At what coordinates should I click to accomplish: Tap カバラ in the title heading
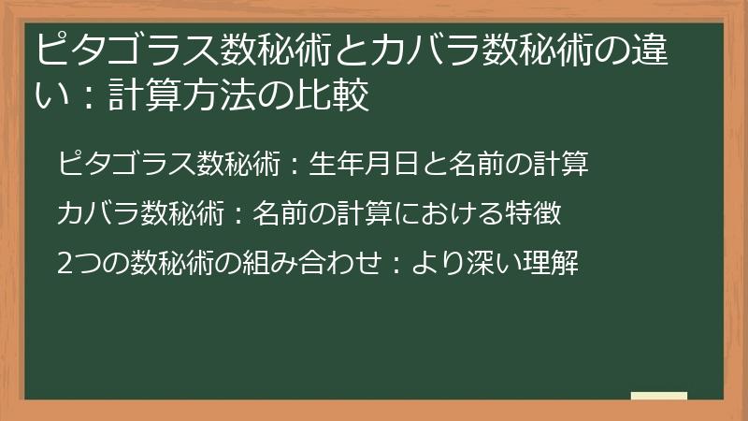424,48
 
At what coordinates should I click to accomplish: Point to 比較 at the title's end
335,94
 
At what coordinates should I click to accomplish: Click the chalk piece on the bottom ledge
658,396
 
